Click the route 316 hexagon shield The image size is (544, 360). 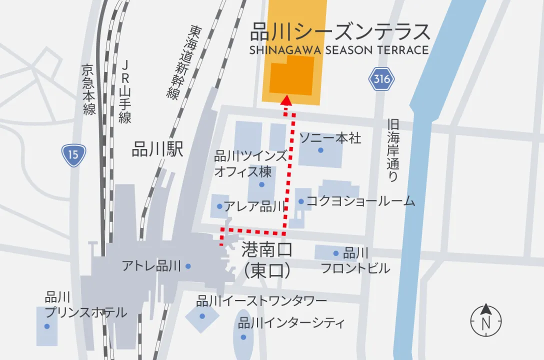(x=382, y=79)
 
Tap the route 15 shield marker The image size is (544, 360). (x=74, y=155)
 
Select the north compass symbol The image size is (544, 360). (x=485, y=320)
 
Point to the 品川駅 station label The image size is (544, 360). (x=157, y=149)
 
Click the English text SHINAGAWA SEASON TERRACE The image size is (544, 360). (x=339, y=50)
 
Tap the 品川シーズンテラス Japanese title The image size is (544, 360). (x=340, y=32)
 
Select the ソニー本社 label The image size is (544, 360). (x=330, y=138)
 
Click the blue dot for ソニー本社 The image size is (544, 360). (x=320, y=150)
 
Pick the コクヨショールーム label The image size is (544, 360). (x=360, y=201)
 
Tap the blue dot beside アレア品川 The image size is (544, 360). (x=219, y=206)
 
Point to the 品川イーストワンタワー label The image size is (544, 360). (x=261, y=301)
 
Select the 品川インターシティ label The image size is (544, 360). (x=291, y=323)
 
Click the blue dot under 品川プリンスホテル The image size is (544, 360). (x=47, y=326)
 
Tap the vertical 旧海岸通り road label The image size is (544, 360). (x=393, y=150)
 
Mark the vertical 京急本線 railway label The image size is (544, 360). (x=89, y=90)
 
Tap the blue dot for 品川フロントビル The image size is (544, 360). (x=336, y=253)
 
